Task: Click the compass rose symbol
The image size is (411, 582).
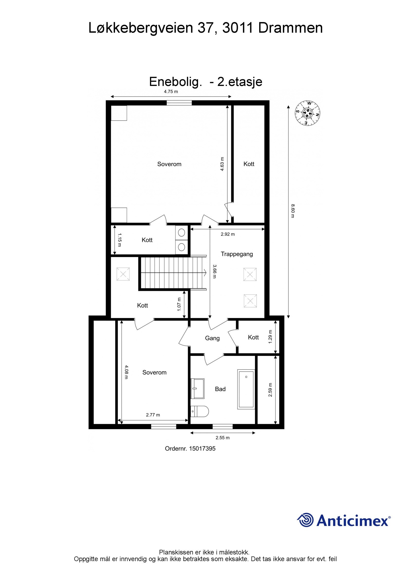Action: (307, 113)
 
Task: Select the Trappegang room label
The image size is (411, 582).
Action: (237, 254)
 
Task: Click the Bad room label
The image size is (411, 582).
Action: (220, 389)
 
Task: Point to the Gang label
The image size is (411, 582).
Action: (212, 338)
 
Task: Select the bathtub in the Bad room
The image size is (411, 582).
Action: (246, 389)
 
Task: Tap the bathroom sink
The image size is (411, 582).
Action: (197, 388)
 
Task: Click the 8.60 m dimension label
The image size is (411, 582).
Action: (292, 211)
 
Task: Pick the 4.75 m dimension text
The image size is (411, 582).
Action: (171, 92)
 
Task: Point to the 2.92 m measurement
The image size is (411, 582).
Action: (228, 234)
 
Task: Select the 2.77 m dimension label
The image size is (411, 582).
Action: (153, 415)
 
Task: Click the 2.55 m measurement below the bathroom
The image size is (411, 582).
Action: (222, 438)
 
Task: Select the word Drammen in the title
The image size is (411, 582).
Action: (290, 28)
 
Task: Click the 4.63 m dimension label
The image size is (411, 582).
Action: (222, 164)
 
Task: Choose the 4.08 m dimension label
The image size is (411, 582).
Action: (126, 372)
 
